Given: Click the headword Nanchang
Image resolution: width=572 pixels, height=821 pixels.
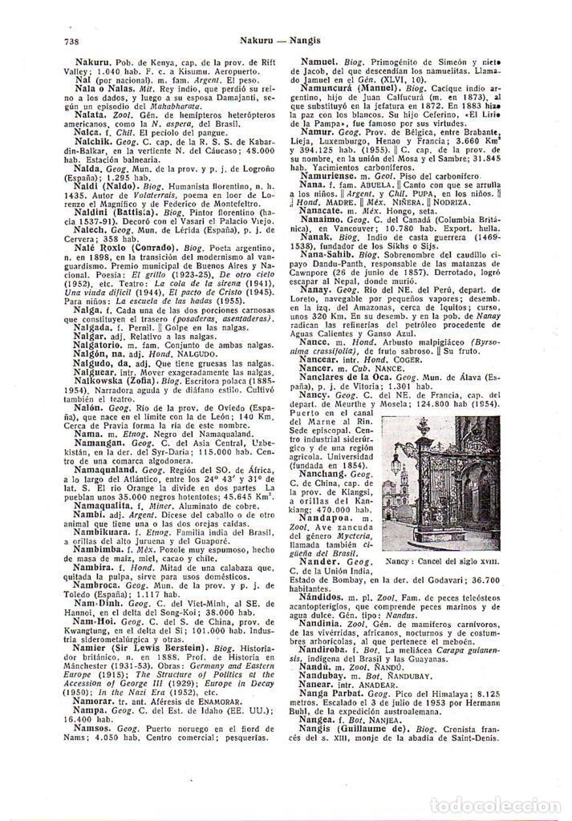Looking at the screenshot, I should pyautogui.click(x=325, y=475).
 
